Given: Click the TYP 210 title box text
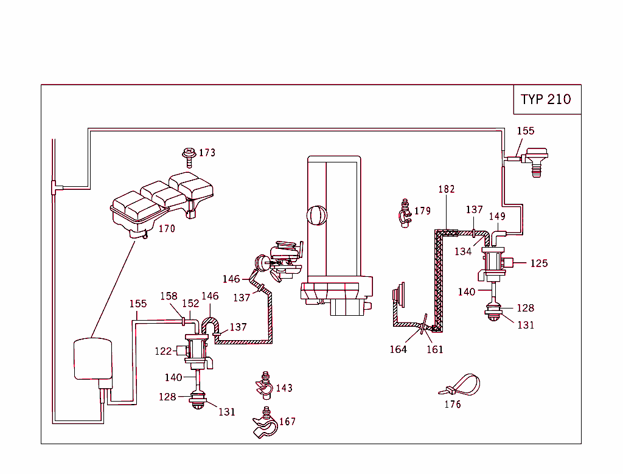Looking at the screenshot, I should (546, 99).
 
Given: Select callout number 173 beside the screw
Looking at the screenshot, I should (207, 153).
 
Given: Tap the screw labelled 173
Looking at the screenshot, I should (188, 156).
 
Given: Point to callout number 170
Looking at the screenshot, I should (167, 229).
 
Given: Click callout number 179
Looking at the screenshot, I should (422, 211).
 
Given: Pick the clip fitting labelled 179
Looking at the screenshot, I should (404, 214).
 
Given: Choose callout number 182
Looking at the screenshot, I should (447, 189).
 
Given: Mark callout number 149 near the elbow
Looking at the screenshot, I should (497, 216).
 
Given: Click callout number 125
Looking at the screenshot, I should (539, 263).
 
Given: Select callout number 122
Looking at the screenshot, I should (163, 350).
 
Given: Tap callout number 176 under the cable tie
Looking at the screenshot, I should (453, 404).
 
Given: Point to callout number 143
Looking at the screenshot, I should (284, 388).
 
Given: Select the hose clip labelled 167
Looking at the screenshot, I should (264, 425).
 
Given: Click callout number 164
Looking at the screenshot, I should (398, 349).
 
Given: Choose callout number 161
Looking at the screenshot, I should (435, 349).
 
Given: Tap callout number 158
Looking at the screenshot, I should (169, 296).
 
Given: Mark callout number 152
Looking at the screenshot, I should (190, 303).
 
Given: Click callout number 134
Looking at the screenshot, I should (463, 251).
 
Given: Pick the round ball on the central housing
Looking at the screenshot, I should (318, 217).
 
